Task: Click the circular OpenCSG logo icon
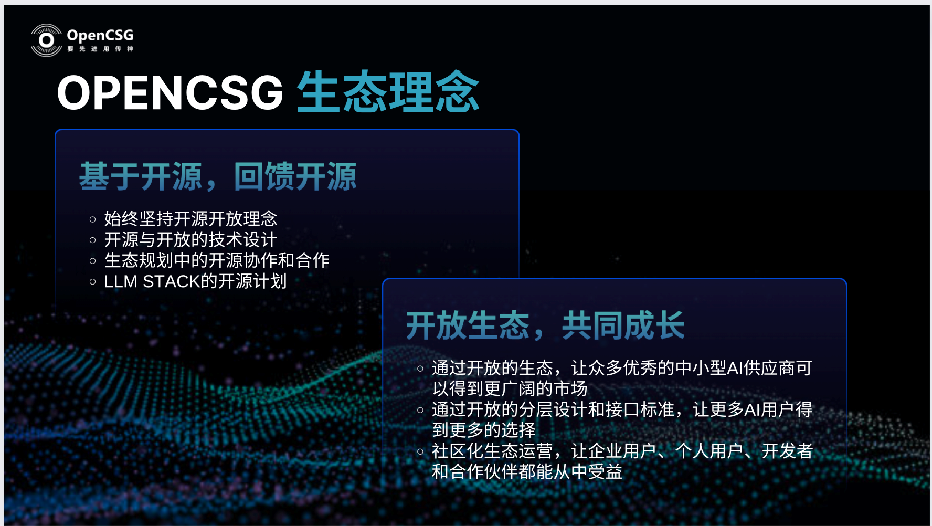coord(47,40)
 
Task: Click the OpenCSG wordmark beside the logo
coord(100,35)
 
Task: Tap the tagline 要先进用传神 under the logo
coord(100,49)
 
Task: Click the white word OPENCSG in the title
coord(170,93)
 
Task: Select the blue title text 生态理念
coord(388,92)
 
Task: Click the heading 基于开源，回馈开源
coord(218,176)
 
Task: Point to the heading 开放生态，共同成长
coord(545,325)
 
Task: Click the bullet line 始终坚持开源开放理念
coord(190,218)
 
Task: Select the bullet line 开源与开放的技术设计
coord(190,239)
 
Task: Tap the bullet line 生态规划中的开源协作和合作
coord(217,260)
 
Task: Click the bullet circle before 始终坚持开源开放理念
coord(93,219)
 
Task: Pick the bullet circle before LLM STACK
coord(93,282)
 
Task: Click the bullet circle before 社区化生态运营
coord(420,451)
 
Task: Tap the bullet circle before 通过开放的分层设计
coord(420,410)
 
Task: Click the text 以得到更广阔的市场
coord(510,388)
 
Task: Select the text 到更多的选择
coord(484,430)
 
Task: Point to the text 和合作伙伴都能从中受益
coord(527,471)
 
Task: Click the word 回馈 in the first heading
coord(264,176)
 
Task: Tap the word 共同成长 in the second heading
coord(623,325)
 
